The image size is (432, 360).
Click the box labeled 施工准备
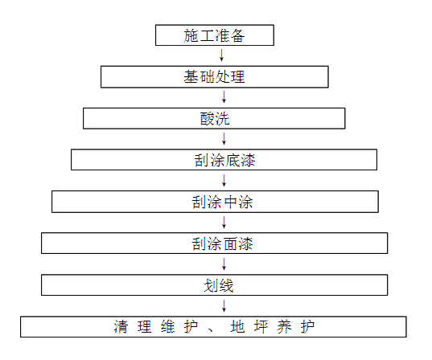pyautogui.click(x=215, y=35)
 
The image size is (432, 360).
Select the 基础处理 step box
pyautogui.click(x=215, y=77)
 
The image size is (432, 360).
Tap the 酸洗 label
pyautogui.click(x=215, y=119)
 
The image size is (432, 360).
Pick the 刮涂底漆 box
pyautogui.click(x=224, y=160)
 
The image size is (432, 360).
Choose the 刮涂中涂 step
pyautogui.click(x=215, y=202)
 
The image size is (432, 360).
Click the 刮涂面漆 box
pyautogui.click(x=214, y=243)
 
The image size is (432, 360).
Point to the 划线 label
pyautogui.click(x=219, y=285)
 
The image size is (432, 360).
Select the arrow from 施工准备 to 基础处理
pyautogui.click(x=221, y=55)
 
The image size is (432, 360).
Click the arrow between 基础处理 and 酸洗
pyautogui.click(x=224, y=97)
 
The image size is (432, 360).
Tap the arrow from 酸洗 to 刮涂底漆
pyautogui.click(x=224, y=139)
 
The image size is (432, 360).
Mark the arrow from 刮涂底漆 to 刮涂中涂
pyautogui.click(x=224, y=181)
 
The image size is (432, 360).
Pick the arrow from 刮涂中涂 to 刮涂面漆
pyautogui.click(x=224, y=223)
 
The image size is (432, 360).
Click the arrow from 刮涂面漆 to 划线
pyautogui.click(x=224, y=264)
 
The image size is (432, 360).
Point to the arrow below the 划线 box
pyautogui.click(x=224, y=306)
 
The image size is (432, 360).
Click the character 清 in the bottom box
pyautogui.click(x=121, y=327)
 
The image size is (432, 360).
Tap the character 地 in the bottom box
pyautogui.click(x=238, y=327)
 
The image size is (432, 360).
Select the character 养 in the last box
pyautogui.click(x=284, y=327)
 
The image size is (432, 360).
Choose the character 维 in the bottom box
pyautogui.click(x=168, y=327)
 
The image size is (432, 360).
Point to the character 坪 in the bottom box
pyautogui.click(x=261, y=327)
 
